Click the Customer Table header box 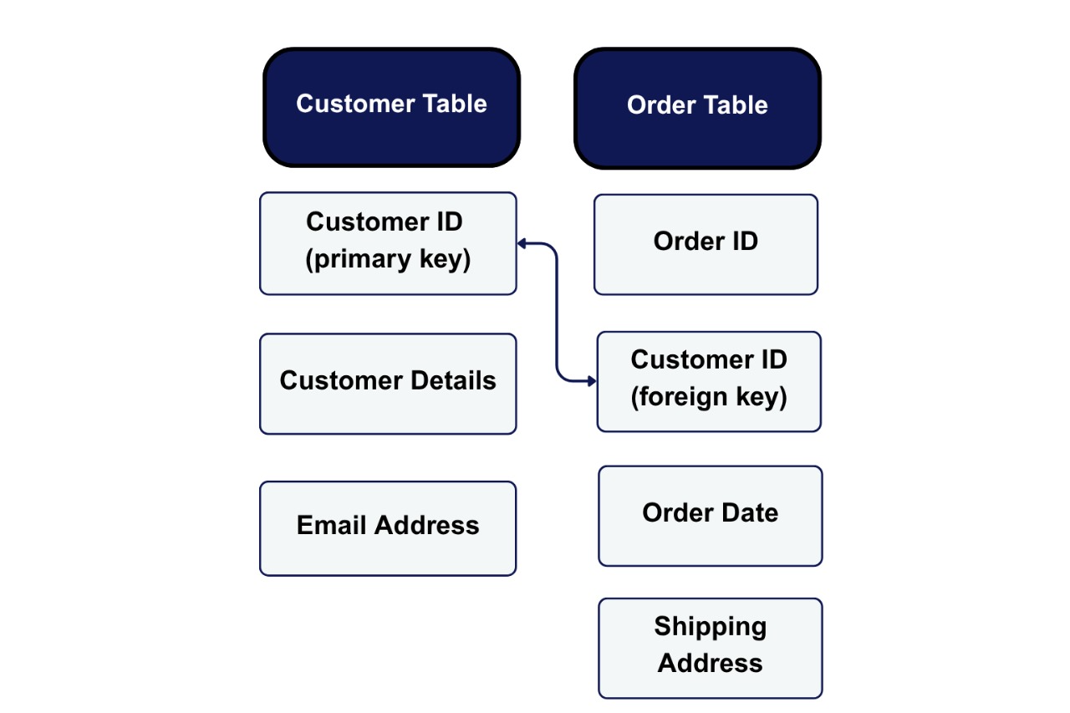391,107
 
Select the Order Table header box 697,109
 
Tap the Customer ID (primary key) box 388,243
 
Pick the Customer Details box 388,384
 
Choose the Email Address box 388,528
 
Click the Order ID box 706,244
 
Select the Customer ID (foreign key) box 709,381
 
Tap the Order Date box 710,516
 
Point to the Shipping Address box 710,648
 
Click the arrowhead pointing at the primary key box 522,243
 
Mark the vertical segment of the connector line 557,313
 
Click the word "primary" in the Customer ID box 360,259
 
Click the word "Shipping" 710,626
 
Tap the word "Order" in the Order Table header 655,105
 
